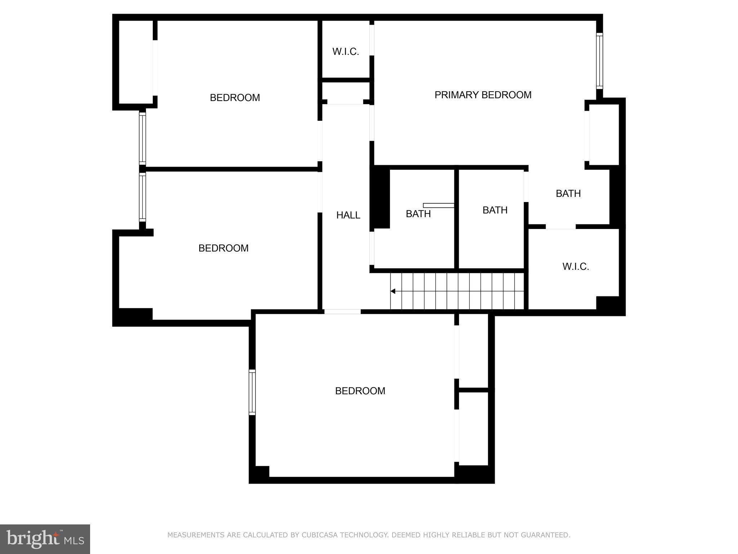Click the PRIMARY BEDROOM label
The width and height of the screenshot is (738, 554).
pyautogui.click(x=483, y=95)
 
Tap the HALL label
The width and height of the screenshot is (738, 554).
pyautogui.click(x=348, y=215)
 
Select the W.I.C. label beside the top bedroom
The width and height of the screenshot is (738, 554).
pyautogui.click(x=346, y=52)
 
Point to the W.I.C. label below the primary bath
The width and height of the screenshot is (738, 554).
pyautogui.click(x=575, y=267)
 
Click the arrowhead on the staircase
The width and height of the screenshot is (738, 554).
pyautogui.click(x=393, y=291)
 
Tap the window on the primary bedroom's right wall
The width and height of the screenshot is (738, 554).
pyautogui.click(x=599, y=61)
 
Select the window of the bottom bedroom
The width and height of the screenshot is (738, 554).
pyautogui.click(x=252, y=392)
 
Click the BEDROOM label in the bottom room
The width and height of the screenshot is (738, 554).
pyautogui.click(x=360, y=391)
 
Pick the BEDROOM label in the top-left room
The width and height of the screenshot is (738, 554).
pyautogui.click(x=235, y=98)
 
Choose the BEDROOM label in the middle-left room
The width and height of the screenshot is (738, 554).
pyautogui.click(x=223, y=248)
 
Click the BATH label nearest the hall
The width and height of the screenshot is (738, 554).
pyautogui.click(x=418, y=214)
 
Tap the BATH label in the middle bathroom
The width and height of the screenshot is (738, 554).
pyautogui.click(x=495, y=210)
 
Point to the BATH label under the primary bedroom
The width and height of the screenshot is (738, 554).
pyautogui.click(x=568, y=194)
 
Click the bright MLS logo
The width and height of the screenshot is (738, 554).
pyautogui.click(x=45, y=539)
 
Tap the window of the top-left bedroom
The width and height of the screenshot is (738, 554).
pyautogui.click(x=142, y=138)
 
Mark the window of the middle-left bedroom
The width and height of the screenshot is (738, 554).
pyautogui.click(x=142, y=197)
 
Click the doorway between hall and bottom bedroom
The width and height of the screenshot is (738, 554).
pyautogui.click(x=342, y=312)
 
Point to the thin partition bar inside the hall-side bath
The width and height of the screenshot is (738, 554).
pyautogui.click(x=438, y=205)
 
